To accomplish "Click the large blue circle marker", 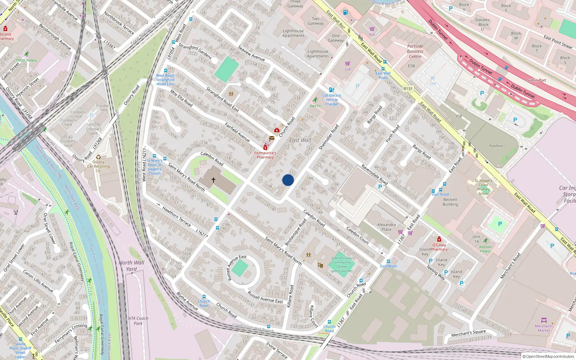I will pyautogui.click(x=288, y=180).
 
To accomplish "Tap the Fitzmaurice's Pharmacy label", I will pyautogui.click(x=265, y=155).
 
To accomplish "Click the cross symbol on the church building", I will pyautogui.click(x=213, y=180).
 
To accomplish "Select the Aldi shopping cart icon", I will pyautogui.click(x=372, y=29).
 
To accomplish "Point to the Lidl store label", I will pyautogui.click(x=348, y=69).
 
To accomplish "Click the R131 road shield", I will pyautogui.click(x=408, y=89).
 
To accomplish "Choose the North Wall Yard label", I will pyautogui.click(x=131, y=266).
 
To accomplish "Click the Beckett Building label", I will pyautogui.click(x=450, y=202).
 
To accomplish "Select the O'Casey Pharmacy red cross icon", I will pyautogui.click(x=439, y=239).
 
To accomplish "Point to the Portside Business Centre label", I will pyautogui.click(x=415, y=51).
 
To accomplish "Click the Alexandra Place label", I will pyautogui.click(x=386, y=227).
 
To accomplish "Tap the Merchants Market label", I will pyautogui.click(x=544, y=328).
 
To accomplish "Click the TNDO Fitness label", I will pyautogui.click(x=26, y=60).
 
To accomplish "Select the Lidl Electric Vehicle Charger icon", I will pyautogui.click(x=332, y=90).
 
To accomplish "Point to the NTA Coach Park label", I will pyautogui.click(x=138, y=321).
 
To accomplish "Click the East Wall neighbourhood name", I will pyautogui.click(x=300, y=140).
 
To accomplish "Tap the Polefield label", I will pyautogui.click(x=496, y=146).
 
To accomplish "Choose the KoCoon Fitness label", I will pyautogui.click(x=485, y=249).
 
